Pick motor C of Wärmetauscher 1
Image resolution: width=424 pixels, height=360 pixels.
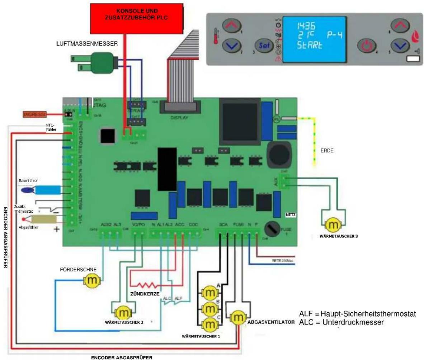pos(208,324)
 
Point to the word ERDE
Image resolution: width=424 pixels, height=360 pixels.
pos(328,151)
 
